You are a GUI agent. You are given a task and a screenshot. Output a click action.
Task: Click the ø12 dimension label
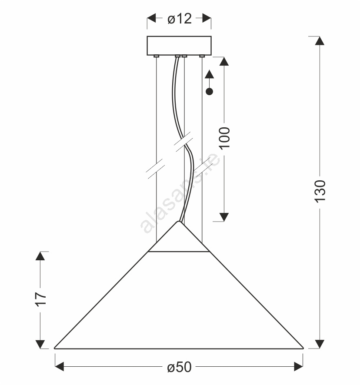[180, 19]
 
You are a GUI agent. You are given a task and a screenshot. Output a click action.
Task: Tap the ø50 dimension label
[179, 367]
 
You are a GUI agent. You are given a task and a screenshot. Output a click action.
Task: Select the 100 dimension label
[224, 138]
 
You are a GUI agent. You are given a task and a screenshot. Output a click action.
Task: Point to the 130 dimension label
[320, 191]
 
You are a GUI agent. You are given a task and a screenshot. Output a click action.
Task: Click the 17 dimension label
[40, 299]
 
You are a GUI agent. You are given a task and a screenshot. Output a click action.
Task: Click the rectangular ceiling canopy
[179, 46]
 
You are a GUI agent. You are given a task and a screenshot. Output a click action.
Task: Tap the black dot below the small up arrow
[210, 92]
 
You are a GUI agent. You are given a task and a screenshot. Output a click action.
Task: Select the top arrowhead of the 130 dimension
[320, 41]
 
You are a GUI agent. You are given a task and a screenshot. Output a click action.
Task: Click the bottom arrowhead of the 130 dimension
[320, 344]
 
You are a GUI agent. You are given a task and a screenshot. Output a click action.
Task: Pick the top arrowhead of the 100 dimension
[224, 61]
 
